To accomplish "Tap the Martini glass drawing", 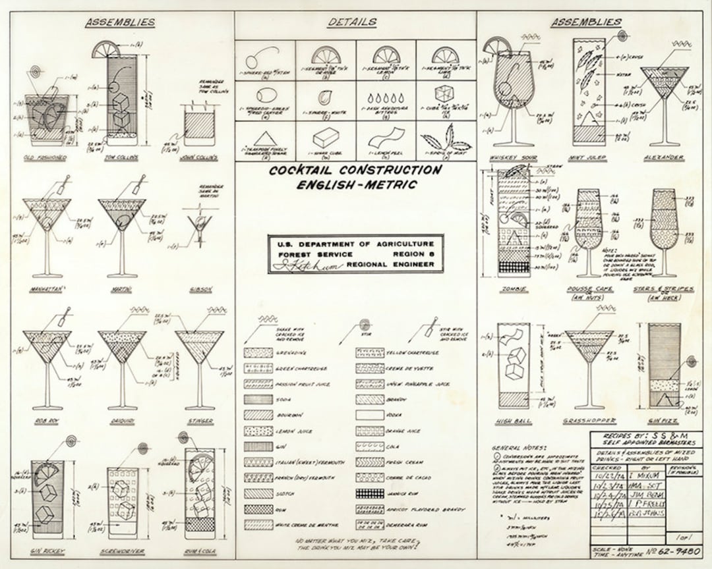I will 123,230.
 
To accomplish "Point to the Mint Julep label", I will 589,158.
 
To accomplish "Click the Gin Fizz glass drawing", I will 664,366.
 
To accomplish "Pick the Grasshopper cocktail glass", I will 589,362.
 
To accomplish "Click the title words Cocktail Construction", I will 355,171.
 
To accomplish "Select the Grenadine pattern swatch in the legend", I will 258,353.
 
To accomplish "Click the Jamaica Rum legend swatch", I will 370,493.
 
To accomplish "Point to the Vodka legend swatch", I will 370,416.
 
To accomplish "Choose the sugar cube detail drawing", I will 326,138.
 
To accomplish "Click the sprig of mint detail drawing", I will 446,139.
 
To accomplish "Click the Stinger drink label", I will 199,421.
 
